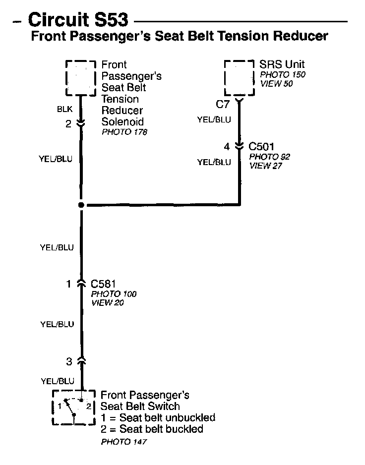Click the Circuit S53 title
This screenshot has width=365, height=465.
[78, 19]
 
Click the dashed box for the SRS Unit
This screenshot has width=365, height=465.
[240, 79]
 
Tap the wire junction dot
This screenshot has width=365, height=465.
[81, 205]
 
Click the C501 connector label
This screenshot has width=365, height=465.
[261, 147]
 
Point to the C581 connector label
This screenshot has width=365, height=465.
[103, 284]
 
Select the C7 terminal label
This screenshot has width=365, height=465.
[222, 104]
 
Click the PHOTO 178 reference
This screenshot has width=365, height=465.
[124, 132]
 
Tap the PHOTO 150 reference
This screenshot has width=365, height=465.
[283, 75]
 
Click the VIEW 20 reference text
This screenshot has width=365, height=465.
[108, 303]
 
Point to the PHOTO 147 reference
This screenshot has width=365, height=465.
[124, 441]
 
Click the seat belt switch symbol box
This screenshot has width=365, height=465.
[73, 407]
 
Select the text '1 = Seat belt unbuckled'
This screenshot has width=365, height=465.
[158, 417]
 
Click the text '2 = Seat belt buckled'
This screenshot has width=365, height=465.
[152, 429]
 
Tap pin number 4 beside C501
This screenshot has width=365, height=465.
[227, 147]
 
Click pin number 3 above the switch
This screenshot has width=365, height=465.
[69, 361]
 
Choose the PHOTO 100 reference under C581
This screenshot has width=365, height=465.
[114, 294]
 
